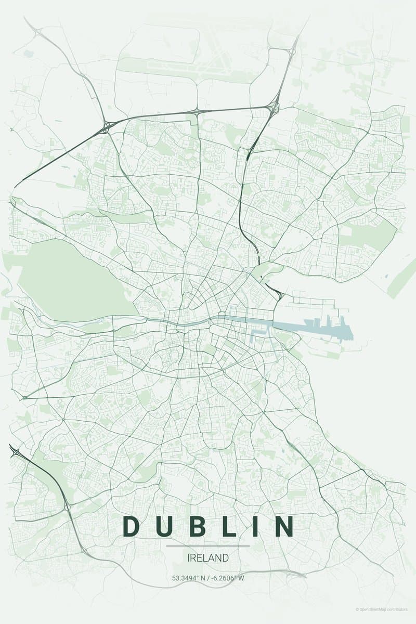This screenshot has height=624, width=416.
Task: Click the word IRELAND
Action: [x=207, y=558]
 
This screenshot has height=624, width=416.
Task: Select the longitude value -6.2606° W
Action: [x=227, y=578]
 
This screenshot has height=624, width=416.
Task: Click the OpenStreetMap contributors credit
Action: [x=382, y=609]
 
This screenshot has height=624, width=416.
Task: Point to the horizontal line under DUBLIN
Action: [x=207, y=546]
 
